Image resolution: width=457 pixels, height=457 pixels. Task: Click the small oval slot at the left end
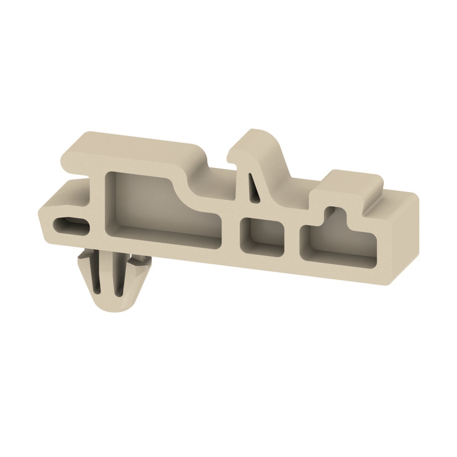tap(72, 225)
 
